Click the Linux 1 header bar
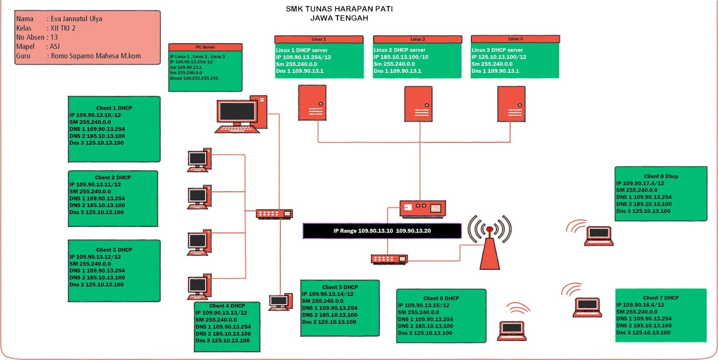(x=319, y=40)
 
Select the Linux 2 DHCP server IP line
(x=401, y=57)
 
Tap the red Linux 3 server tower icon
(x=511, y=104)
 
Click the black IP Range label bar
(x=382, y=231)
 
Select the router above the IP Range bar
(x=422, y=208)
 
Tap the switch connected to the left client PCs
(x=274, y=214)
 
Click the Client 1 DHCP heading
(x=114, y=108)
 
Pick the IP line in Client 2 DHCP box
(x=95, y=184)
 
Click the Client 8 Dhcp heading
(x=661, y=176)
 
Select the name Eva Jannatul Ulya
(x=76, y=19)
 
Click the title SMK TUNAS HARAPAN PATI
(x=339, y=9)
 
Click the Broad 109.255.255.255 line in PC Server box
(x=194, y=78)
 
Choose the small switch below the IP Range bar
(x=389, y=259)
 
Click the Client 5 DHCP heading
(x=340, y=287)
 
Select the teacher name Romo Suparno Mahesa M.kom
(x=96, y=56)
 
